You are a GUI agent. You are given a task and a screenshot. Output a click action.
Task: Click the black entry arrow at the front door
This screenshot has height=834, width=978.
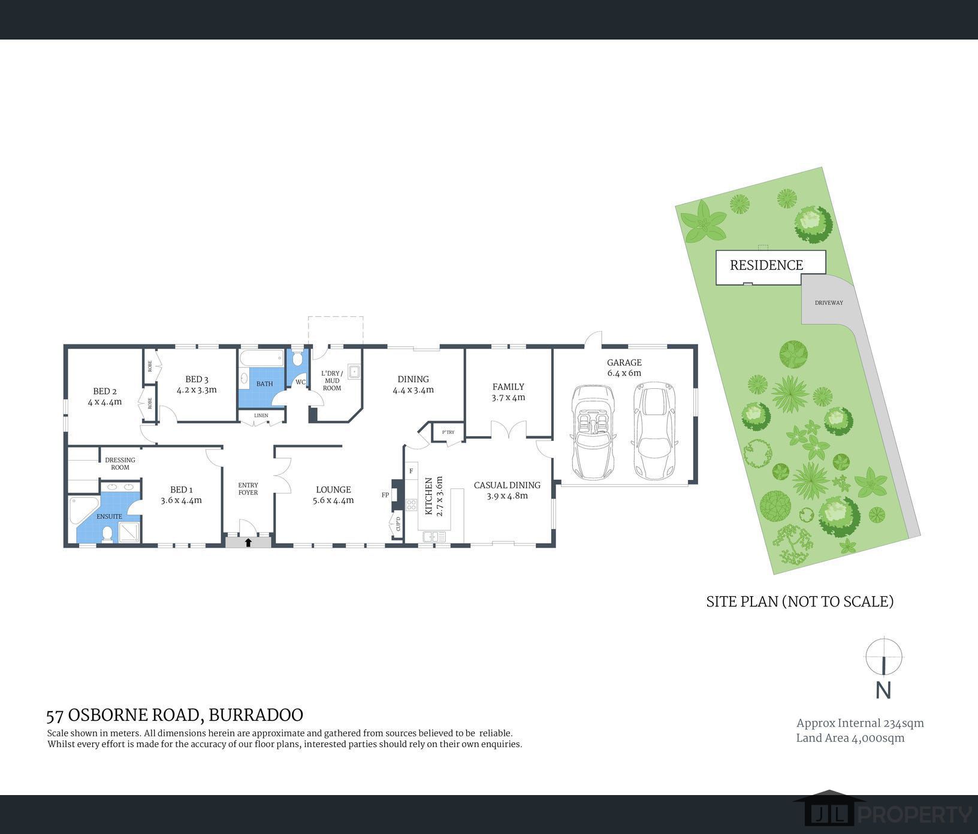(249, 542)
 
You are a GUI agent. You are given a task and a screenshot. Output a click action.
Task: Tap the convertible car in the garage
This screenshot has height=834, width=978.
(593, 431)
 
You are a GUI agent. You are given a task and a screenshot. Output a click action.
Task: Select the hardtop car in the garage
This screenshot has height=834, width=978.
(654, 431)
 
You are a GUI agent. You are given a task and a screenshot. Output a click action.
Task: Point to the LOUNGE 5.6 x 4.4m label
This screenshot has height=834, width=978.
(333, 495)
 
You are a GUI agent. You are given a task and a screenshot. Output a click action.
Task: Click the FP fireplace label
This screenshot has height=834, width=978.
(385, 495)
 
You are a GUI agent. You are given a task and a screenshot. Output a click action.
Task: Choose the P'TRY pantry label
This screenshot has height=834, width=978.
(448, 432)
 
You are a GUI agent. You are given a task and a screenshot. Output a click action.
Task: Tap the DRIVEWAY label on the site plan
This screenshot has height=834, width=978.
(829, 303)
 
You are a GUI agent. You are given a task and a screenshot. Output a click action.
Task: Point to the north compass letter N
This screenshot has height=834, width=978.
(883, 690)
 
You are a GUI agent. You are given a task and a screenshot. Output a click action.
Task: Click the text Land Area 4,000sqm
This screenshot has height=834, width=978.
(850, 738)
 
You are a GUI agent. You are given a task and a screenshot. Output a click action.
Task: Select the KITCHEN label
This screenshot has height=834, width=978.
(429, 497)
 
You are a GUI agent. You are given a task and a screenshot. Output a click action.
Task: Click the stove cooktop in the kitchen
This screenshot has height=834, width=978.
(411, 504)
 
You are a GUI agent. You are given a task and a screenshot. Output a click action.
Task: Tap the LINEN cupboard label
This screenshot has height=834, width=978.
(261, 415)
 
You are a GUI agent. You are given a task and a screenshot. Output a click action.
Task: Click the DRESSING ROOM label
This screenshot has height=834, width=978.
(120, 464)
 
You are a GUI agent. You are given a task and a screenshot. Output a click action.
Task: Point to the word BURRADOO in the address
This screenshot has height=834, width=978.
(256, 715)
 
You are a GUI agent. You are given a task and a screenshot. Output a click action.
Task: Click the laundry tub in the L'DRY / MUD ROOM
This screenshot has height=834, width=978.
(354, 371)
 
